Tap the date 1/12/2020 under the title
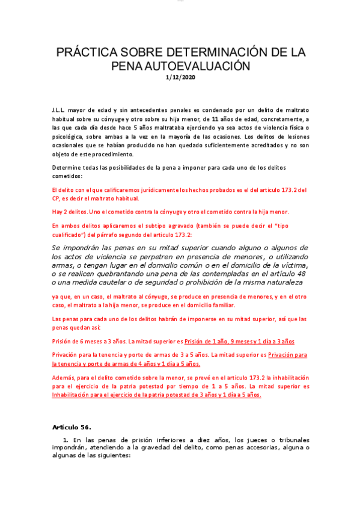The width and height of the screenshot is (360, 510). [x=180, y=77]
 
